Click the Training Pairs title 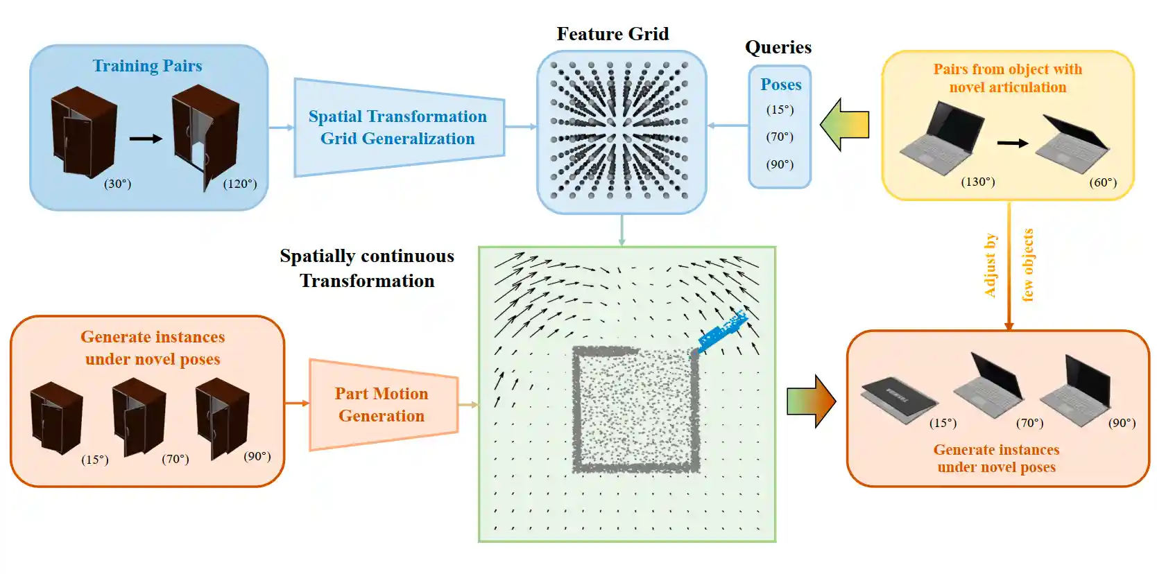click(x=147, y=66)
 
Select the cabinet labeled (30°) click(x=83, y=132)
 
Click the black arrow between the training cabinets click(x=146, y=139)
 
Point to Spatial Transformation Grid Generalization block click(x=397, y=128)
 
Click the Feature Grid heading click(x=612, y=34)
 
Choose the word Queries click(x=778, y=47)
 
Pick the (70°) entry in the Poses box click(x=780, y=137)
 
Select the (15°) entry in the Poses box click(x=780, y=110)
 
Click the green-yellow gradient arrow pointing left click(x=844, y=125)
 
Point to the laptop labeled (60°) click(x=1072, y=145)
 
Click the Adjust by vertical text click(x=991, y=266)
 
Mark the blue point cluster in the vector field click(x=722, y=332)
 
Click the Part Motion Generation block click(x=382, y=404)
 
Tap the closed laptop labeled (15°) click(x=898, y=400)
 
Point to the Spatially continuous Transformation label click(x=367, y=268)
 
